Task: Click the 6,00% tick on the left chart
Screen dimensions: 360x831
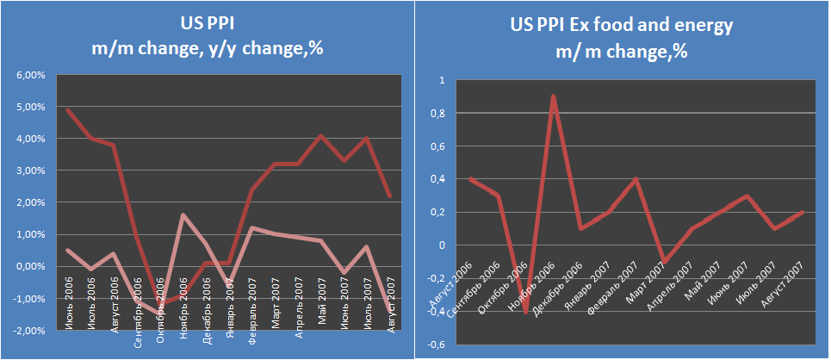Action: point(31,75)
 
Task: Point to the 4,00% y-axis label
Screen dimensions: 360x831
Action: point(31,139)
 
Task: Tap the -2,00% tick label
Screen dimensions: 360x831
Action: point(30,330)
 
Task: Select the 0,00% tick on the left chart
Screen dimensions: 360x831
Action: point(31,266)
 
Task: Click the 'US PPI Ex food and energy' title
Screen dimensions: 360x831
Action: point(621,25)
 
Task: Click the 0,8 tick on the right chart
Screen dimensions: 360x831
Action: point(437,114)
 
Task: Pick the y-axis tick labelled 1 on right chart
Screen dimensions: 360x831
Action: point(440,80)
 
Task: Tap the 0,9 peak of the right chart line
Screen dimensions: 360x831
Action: point(553,96)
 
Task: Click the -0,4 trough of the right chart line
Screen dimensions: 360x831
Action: point(524,311)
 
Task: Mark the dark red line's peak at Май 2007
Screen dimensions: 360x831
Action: point(320,135)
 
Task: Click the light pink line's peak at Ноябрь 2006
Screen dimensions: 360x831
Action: point(183,215)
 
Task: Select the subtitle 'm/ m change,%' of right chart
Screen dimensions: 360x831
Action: point(621,51)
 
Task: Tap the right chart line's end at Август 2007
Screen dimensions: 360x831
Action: point(803,212)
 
